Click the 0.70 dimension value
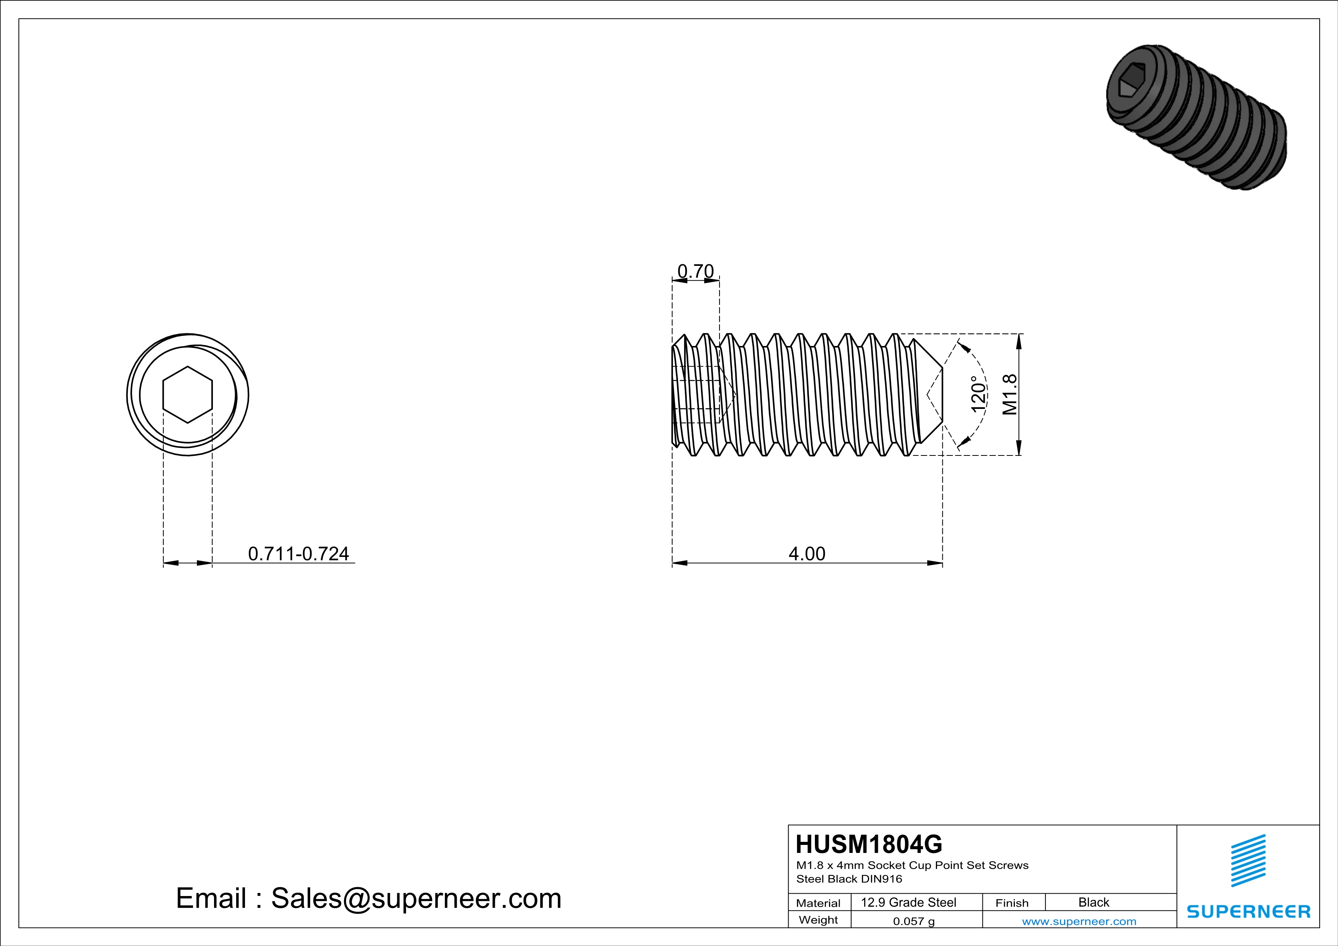pyautogui.click(x=695, y=272)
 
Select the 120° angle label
pyautogui.click(x=979, y=394)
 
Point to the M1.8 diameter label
pyautogui.click(x=1010, y=394)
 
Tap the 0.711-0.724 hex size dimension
pyautogui.click(x=298, y=553)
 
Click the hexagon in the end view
pyautogui.click(x=188, y=394)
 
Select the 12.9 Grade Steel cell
pyautogui.click(x=908, y=902)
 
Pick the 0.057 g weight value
pyautogui.click(x=914, y=921)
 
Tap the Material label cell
pyautogui.click(x=818, y=903)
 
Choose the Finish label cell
pyautogui.click(x=1012, y=903)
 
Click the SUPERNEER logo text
pyautogui.click(x=1248, y=912)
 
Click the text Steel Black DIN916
pyautogui.click(x=849, y=879)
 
